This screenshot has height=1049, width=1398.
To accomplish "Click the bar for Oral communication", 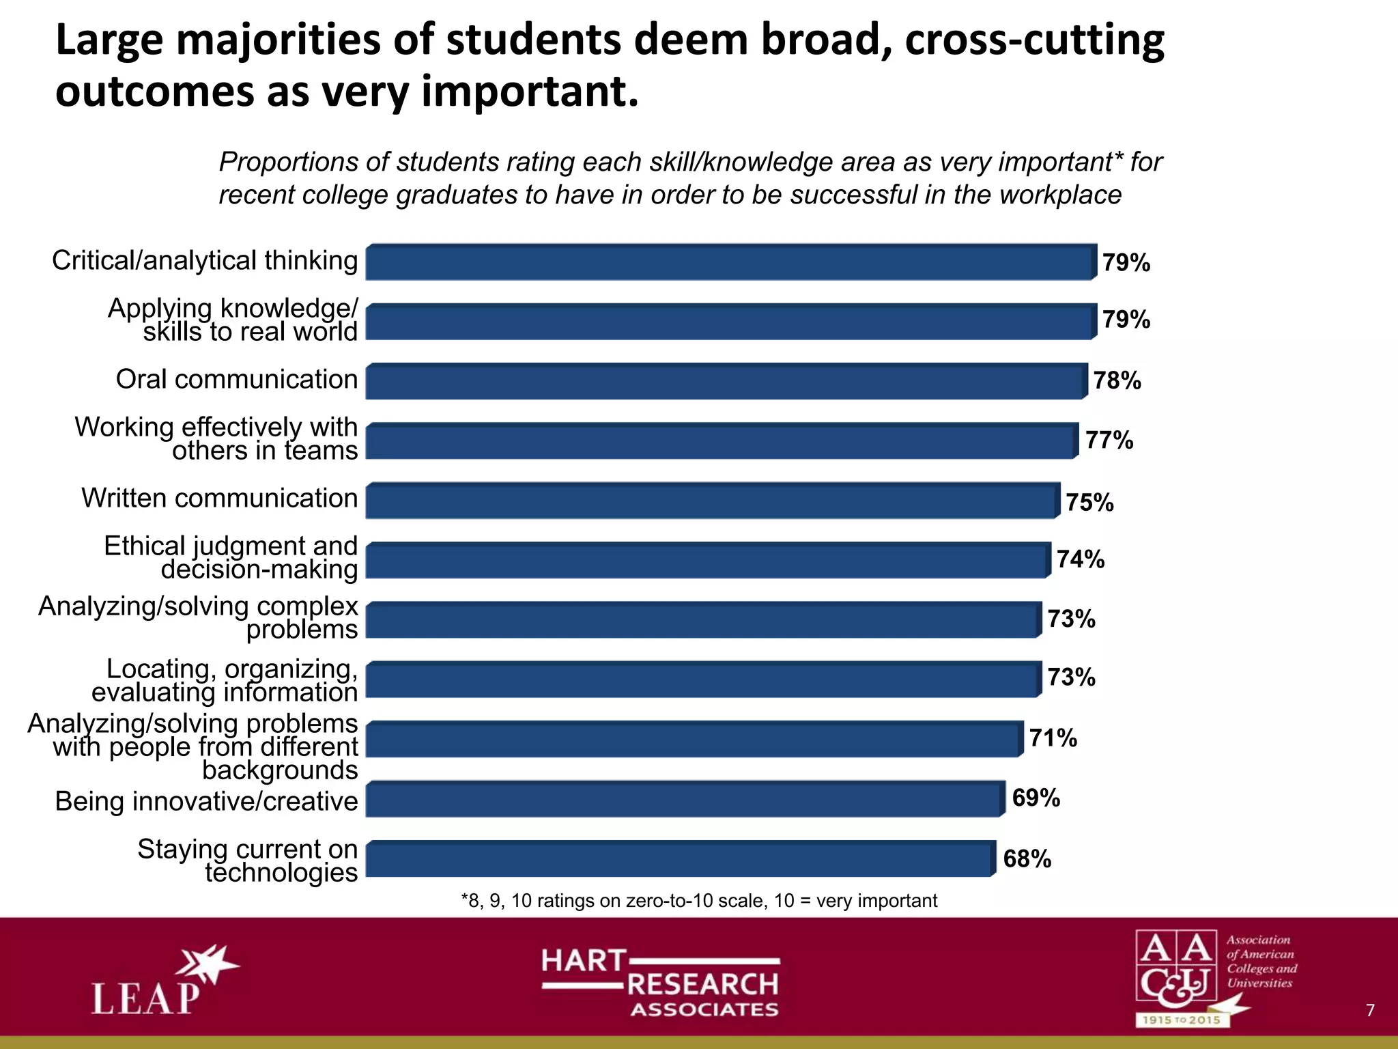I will click(x=726, y=382).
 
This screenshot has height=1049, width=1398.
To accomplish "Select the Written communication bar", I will click(x=713, y=501).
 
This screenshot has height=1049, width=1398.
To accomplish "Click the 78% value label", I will click(x=1117, y=381).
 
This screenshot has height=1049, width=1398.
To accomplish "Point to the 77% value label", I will click(x=1109, y=440).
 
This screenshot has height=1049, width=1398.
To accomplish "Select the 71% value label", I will click(x=1053, y=738).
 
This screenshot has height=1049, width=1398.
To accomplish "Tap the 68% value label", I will click(x=1027, y=859).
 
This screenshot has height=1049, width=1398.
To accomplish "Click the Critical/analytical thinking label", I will click(x=205, y=261).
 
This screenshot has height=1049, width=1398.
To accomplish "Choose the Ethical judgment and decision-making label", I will click(x=231, y=557).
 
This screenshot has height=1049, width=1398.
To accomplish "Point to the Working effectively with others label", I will click(x=216, y=438).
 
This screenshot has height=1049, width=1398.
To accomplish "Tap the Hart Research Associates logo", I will click(x=660, y=982).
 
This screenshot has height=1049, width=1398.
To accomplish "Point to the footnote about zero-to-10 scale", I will click(x=699, y=901).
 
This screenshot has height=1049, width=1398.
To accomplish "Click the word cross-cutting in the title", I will click(x=1035, y=40).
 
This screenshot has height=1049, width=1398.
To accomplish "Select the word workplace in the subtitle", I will click(x=1060, y=195).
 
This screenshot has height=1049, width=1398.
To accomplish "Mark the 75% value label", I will click(x=1089, y=503).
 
